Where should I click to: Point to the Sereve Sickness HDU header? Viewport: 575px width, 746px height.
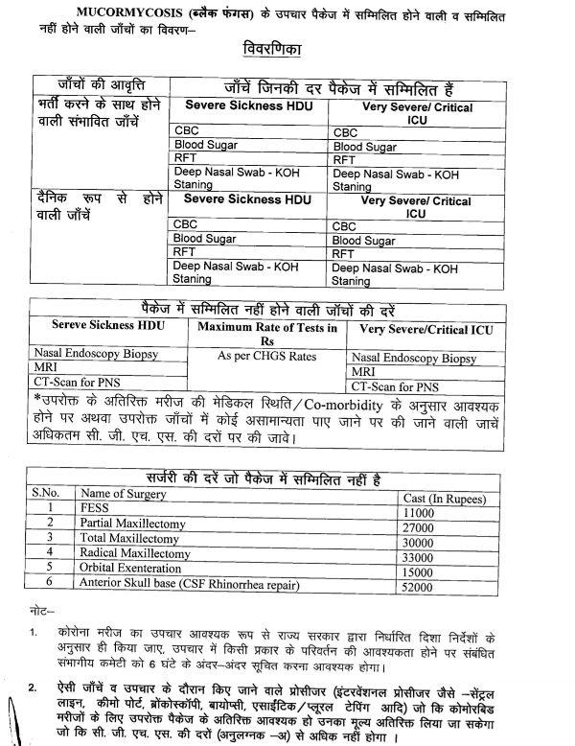click(x=103, y=329)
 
